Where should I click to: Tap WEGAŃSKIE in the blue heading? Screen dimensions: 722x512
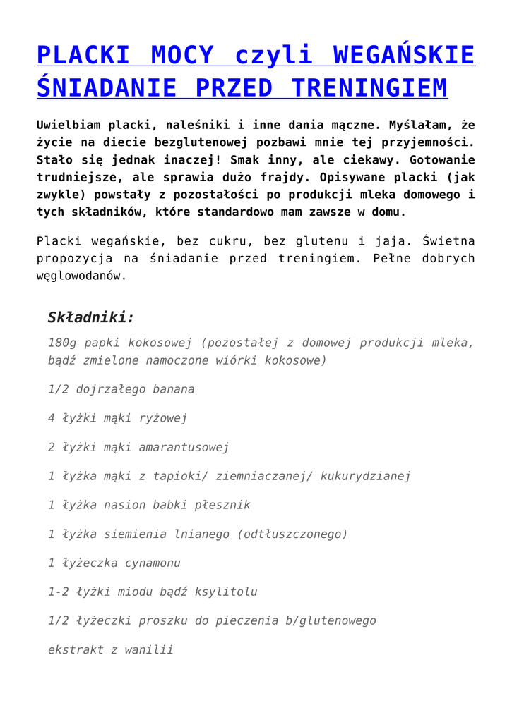click(403, 54)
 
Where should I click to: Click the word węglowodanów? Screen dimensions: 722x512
click(81, 276)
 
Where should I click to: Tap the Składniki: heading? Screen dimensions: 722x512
click(90, 317)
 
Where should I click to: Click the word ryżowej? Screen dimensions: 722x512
click(162, 418)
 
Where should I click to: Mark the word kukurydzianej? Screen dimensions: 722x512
click(365, 476)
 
